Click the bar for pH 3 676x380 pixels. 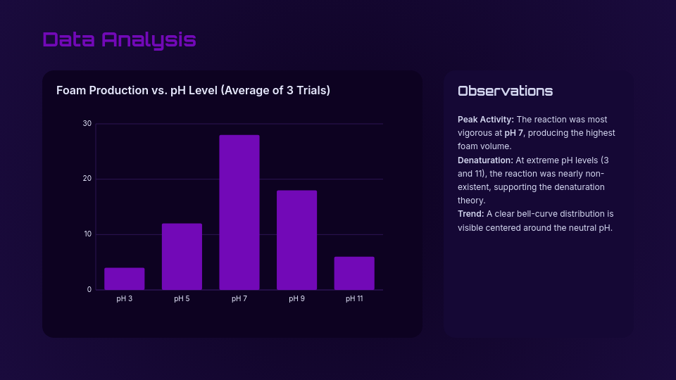(125, 279)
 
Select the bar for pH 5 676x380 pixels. (182, 257)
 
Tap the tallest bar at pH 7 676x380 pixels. (239, 213)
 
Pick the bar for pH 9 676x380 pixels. (296, 240)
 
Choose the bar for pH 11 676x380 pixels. (354, 273)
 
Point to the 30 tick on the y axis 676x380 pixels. (87, 124)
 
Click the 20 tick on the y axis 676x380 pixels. (87, 179)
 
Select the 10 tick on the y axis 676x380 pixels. (87, 234)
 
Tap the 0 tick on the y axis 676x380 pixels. (89, 289)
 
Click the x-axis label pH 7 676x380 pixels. (239, 299)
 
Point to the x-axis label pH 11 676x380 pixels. (354, 299)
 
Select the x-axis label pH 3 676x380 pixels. (125, 299)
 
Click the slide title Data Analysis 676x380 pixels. (119, 39)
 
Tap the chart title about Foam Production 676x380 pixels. (193, 91)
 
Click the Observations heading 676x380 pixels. (505, 91)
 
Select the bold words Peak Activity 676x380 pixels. (486, 120)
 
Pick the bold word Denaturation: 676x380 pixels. (485, 160)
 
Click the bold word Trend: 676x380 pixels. (470, 214)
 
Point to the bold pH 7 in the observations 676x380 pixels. (514, 133)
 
